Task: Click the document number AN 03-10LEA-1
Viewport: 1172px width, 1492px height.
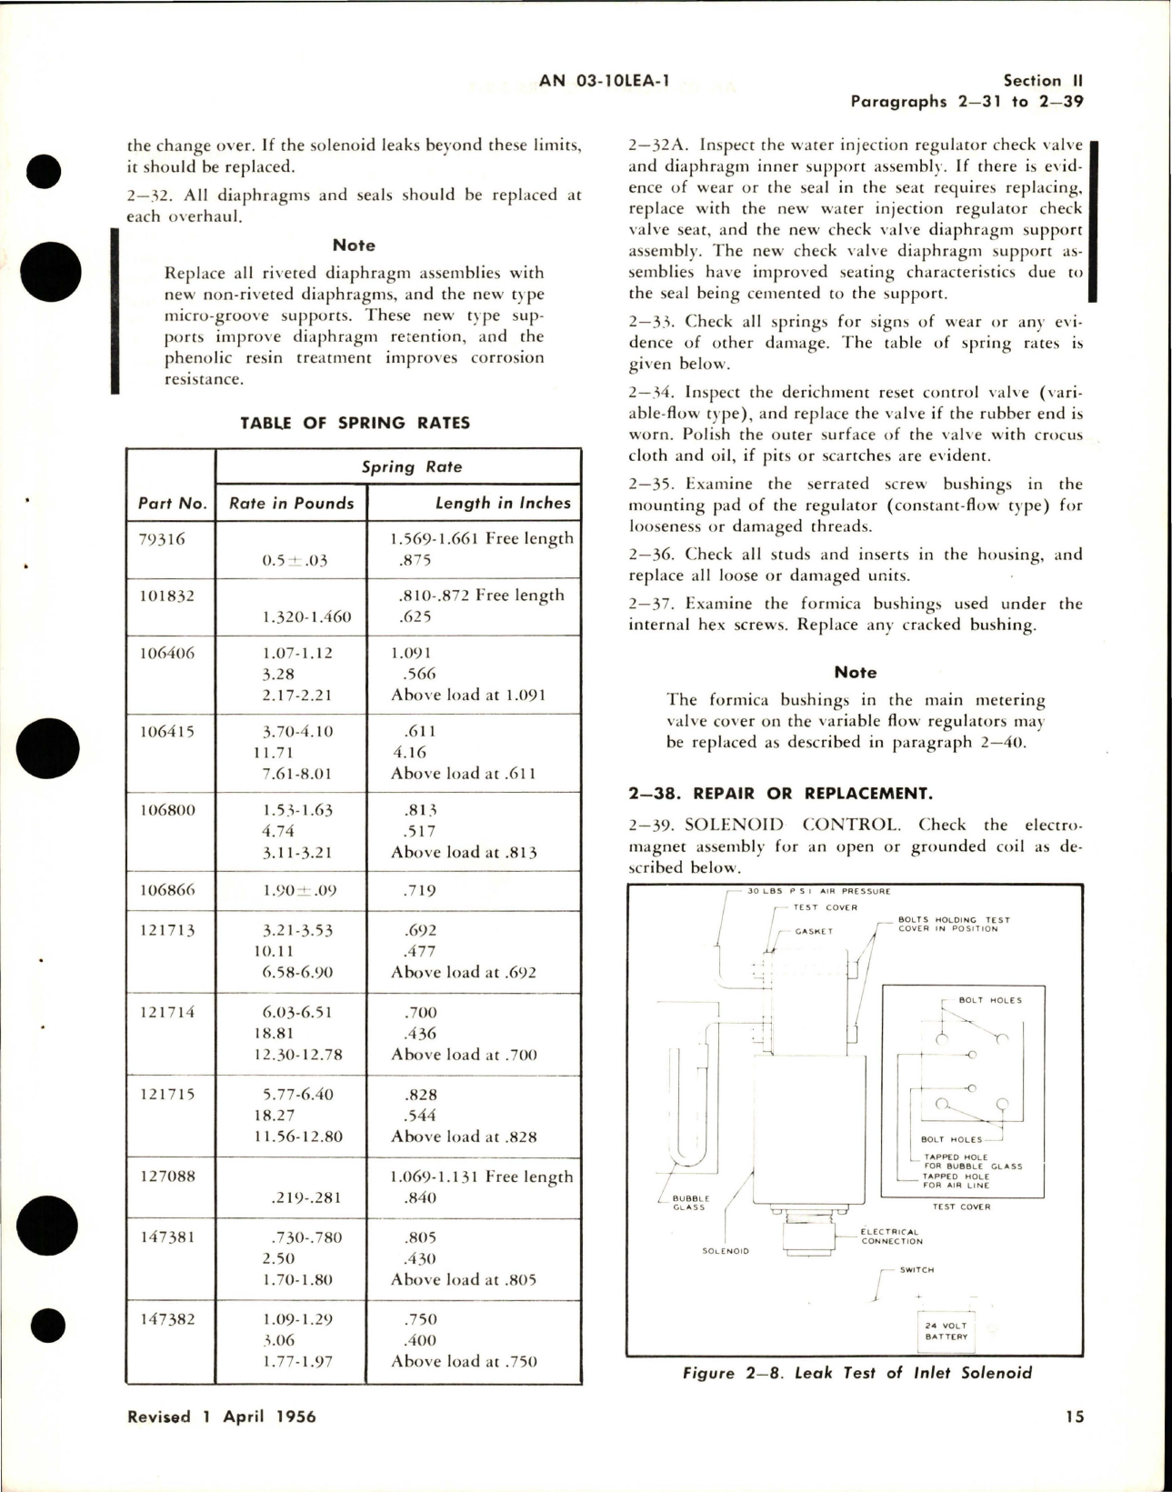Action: [604, 81]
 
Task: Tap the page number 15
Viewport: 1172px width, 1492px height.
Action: [1074, 1416]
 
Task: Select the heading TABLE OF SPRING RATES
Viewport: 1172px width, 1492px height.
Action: [355, 423]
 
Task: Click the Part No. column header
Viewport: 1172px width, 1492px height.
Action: [172, 503]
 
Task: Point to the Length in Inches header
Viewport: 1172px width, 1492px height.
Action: [502, 503]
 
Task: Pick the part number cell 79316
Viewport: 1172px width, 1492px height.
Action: [163, 538]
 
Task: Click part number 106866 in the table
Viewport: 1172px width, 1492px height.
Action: [167, 890]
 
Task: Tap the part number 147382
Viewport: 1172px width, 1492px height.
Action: [167, 1318]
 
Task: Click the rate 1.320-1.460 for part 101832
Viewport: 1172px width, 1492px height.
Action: [306, 616]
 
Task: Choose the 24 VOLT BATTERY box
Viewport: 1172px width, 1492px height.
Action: [947, 1331]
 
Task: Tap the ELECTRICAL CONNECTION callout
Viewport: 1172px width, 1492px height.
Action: [891, 1237]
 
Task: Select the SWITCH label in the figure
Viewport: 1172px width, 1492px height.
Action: [917, 1270]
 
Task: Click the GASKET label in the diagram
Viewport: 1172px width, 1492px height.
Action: [814, 931]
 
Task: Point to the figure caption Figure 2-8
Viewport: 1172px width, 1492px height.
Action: [856, 1373]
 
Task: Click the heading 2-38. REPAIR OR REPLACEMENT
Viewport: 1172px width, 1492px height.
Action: [780, 793]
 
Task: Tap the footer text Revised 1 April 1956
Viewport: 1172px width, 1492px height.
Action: [222, 1417]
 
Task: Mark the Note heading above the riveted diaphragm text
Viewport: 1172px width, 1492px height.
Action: [354, 245]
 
